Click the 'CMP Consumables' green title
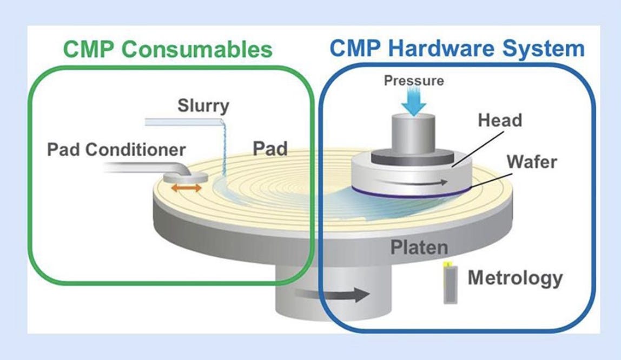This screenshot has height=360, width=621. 168,49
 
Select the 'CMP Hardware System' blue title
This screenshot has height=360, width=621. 457,49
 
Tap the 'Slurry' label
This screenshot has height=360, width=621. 203,105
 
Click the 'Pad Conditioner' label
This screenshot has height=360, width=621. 116,150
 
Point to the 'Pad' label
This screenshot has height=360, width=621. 270,149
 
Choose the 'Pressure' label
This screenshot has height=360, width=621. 414,81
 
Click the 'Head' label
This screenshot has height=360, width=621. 500,120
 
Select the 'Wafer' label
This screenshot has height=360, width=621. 532,162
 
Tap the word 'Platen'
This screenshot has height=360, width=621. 419,248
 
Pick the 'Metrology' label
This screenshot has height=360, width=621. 516,278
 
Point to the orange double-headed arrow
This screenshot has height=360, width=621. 186,188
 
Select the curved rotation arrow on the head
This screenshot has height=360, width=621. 413,182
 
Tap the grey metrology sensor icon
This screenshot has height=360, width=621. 450,283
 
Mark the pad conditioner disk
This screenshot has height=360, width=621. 186,178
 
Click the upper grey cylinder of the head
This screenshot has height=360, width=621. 414,134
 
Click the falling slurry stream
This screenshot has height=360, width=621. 224,150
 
